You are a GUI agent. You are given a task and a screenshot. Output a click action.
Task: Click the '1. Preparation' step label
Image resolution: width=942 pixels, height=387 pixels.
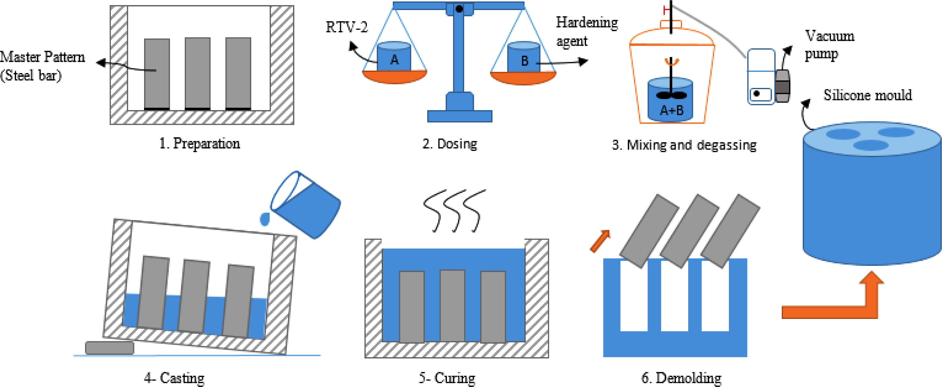(x=200, y=144)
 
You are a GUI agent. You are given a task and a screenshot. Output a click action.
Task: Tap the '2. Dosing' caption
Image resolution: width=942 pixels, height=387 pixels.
(x=450, y=144)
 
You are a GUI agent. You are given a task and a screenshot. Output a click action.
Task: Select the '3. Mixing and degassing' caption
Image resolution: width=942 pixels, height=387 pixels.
(x=684, y=145)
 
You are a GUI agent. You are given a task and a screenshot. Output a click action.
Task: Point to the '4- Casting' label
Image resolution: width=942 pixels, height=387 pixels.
(x=174, y=378)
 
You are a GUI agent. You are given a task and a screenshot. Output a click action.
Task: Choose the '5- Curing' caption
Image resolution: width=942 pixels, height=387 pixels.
(x=447, y=378)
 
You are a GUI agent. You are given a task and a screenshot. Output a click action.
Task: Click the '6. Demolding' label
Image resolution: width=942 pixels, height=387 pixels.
(x=681, y=378)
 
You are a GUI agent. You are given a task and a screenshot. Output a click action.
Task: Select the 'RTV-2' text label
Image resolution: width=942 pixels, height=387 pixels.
(x=347, y=27)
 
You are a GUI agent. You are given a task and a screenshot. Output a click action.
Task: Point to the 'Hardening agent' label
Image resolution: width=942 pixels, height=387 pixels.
(x=587, y=31)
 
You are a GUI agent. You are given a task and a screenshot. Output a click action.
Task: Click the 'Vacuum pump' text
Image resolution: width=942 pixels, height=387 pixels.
(x=829, y=45)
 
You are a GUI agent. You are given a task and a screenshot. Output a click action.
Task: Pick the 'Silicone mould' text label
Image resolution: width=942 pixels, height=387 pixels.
(x=868, y=95)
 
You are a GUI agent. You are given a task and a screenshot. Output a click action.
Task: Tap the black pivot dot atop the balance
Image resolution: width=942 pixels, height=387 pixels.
(x=459, y=9)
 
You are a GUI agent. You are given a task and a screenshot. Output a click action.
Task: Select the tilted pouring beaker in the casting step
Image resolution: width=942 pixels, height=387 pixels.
(x=306, y=205)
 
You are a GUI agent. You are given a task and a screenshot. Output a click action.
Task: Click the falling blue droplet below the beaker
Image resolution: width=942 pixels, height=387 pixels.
(x=265, y=219)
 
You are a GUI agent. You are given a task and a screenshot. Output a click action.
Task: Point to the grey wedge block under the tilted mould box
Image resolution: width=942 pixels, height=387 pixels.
(x=109, y=347)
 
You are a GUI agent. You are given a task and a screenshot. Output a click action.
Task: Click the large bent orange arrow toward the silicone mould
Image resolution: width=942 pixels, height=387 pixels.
(x=837, y=304)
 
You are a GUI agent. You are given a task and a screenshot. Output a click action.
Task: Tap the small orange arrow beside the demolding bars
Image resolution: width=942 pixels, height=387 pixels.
(x=600, y=241)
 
